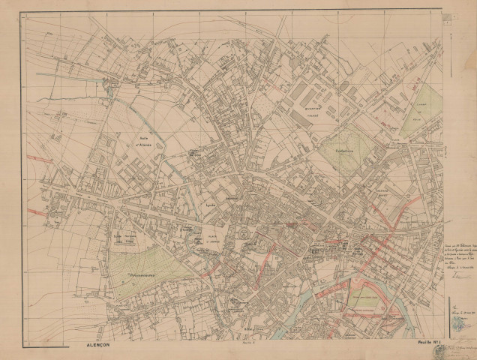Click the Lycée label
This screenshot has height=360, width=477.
click(211, 203)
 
